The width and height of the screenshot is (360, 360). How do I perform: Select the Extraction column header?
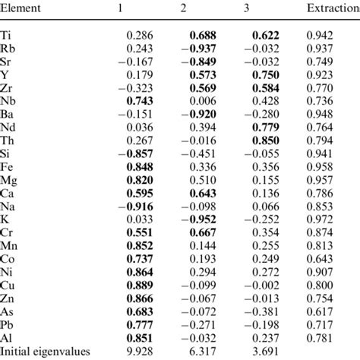332,10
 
